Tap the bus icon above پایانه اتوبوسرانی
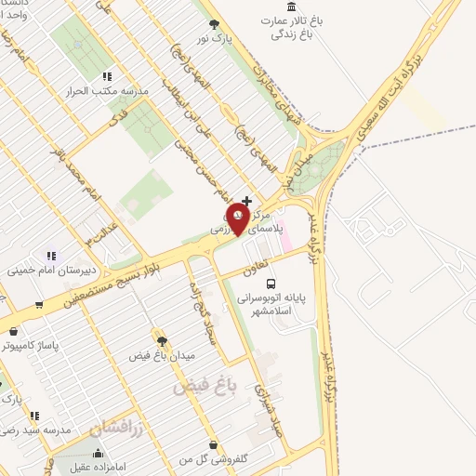click(x=271, y=283)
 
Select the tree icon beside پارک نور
click(x=216, y=23)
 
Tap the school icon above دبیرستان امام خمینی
click(x=51, y=256)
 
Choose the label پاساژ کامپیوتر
click(x=30, y=345)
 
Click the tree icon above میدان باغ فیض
click(x=162, y=340)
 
